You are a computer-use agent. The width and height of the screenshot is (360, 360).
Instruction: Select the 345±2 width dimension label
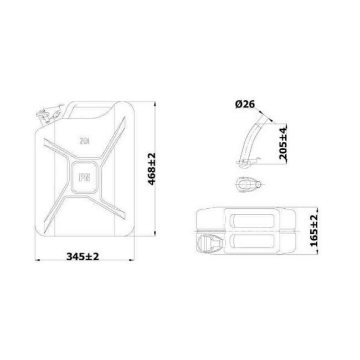tap(83, 256)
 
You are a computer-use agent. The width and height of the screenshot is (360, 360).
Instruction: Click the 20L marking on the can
tap(84, 140)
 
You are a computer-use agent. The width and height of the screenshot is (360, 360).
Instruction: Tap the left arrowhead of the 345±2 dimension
tap(37, 260)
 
